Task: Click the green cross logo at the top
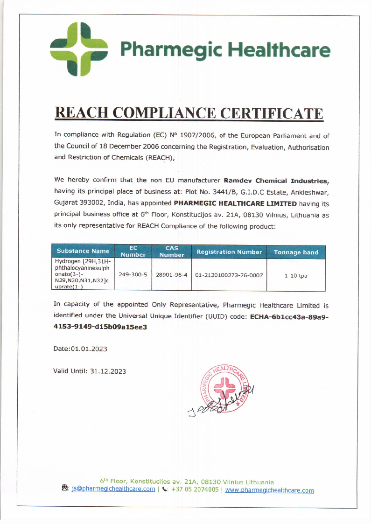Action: [79, 49]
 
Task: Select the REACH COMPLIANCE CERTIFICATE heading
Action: [189, 113]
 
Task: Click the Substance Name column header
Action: [83, 251]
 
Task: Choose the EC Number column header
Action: [133, 252]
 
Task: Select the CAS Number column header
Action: [172, 252]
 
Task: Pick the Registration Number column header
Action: [229, 252]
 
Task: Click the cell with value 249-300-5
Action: [133, 275]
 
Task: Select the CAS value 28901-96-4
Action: [172, 275]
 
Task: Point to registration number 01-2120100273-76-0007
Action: [229, 275]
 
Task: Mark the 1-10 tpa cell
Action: [296, 275]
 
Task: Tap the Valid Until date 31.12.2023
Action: [108, 371]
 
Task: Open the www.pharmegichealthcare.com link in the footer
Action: [269, 490]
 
